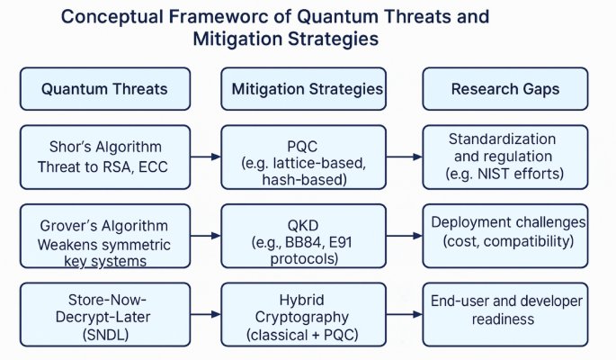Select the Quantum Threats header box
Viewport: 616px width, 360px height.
(104, 89)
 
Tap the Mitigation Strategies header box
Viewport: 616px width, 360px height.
(308, 89)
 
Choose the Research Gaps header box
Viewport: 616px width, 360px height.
(505, 89)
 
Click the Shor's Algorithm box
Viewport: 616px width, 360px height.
(104, 157)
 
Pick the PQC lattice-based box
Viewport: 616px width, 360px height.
(308, 157)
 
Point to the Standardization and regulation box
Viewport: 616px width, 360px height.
(505, 157)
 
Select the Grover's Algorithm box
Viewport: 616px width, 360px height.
(104, 236)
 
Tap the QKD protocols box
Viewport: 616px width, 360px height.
(308, 236)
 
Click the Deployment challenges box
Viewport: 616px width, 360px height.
(505, 236)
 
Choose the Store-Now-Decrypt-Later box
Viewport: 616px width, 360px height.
(104, 314)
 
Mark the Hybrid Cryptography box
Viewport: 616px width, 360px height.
(308, 314)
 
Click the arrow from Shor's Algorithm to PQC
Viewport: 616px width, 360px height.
(206, 157)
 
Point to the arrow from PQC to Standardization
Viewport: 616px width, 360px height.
(408, 157)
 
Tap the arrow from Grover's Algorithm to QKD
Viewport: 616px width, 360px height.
(206, 236)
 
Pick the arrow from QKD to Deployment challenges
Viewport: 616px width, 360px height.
(408, 236)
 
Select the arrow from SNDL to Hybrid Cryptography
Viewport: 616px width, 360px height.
(206, 314)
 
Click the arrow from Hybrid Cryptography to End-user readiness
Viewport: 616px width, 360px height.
(408, 314)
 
